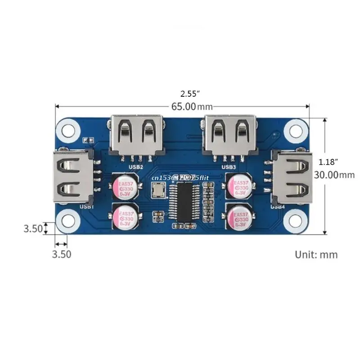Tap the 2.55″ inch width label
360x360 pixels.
tap(190, 94)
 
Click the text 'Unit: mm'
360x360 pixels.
tap(316, 254)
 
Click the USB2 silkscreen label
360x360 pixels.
tap(136, 167)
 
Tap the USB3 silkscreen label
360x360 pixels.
tap(229, 167)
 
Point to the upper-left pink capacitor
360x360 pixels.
tap(124, 187)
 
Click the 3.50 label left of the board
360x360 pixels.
tap(33, 229)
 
